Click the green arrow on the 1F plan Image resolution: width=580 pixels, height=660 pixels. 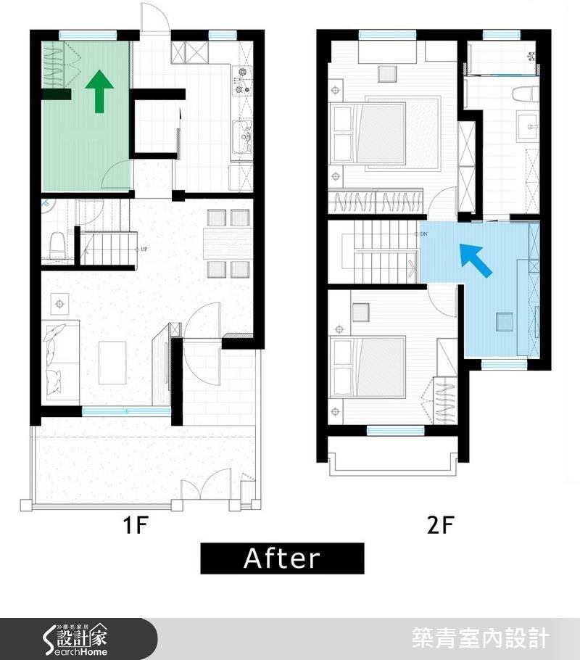(99, 91)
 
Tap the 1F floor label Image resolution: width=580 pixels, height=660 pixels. (136, 524)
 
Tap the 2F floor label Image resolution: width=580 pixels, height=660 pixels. (439, 524)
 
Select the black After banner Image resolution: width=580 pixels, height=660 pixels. (282, 558)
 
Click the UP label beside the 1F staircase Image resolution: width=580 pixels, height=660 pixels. (144, 249)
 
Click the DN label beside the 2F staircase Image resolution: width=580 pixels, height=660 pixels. (424, 235)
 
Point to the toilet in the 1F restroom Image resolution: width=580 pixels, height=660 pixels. (57, 247)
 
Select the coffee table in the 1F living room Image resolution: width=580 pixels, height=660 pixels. (112, 362)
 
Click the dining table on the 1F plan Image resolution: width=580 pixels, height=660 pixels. (228, 244)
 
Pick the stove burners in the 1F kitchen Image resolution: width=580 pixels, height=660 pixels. (243, 81)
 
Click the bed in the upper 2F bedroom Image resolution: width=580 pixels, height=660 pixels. (368, 133)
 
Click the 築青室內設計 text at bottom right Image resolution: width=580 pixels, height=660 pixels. (480, 639)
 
